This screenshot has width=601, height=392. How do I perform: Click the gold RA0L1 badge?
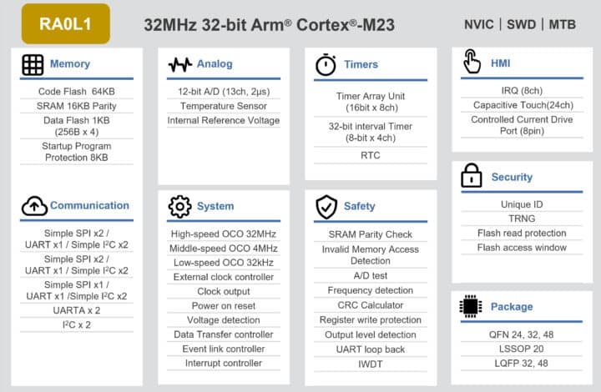66,23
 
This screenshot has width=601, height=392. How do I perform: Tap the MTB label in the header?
563,24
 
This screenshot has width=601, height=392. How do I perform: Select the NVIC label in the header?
479,24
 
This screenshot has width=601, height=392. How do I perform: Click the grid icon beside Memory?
33,64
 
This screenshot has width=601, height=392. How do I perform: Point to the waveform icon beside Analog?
180,65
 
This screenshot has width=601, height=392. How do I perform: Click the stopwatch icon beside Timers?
326,64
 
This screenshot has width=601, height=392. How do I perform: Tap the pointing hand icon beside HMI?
472,61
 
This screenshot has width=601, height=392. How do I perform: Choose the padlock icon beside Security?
472,175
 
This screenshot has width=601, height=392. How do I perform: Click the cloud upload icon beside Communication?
34,206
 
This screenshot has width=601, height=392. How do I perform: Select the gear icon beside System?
179,207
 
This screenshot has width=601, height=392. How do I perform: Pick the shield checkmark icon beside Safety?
326,207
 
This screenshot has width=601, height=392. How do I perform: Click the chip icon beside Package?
470,306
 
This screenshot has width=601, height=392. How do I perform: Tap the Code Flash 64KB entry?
77,92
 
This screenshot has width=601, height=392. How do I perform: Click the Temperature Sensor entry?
224,106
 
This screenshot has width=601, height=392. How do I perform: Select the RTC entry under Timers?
371,155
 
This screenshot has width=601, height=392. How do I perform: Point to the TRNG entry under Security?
522,219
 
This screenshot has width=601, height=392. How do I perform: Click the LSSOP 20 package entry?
521,349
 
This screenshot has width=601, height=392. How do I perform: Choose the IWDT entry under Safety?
371,364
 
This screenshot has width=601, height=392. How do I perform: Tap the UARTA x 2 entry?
77,310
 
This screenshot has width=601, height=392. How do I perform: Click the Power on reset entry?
224,306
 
